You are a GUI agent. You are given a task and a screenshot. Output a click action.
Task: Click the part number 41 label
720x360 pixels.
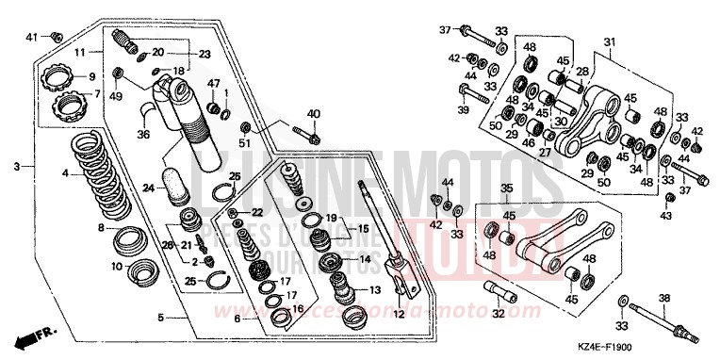coord(29,36)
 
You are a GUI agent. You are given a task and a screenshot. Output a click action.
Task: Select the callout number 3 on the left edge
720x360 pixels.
coord(17,167)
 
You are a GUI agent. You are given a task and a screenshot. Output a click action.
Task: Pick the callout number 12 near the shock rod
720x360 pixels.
coord(397,313)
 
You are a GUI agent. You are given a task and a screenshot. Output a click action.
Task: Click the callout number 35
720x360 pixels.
coord(506,188)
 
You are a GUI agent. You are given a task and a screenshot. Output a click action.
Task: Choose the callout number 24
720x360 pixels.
coord(147,188)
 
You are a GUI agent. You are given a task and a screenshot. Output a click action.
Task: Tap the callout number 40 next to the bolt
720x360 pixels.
coord(314,114)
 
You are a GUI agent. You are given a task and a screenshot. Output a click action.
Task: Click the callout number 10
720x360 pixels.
coord(116,267)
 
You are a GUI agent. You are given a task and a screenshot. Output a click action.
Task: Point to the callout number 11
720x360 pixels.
coord(82,52)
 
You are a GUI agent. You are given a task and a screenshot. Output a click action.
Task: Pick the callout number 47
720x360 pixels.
coord(214,83)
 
